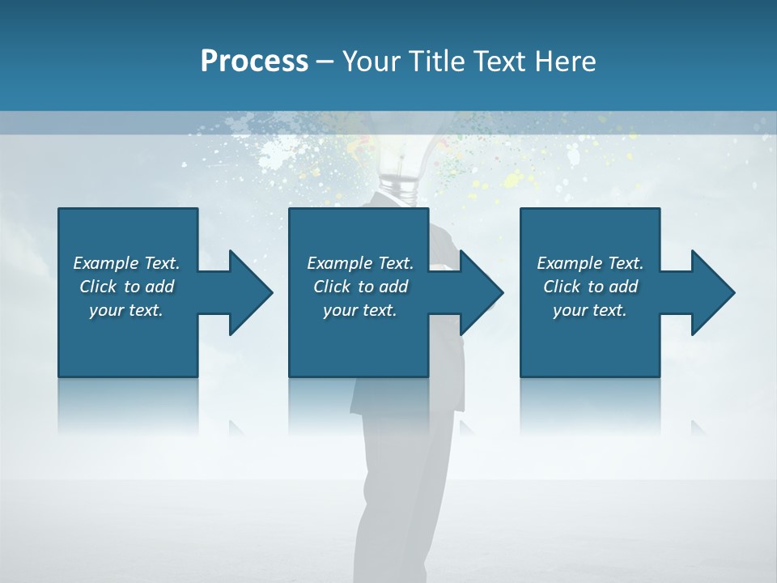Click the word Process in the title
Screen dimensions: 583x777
click(x=254, y=62)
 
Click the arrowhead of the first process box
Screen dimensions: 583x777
click(x=247, y=292)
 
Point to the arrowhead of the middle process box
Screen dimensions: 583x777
click(x=478, y=292)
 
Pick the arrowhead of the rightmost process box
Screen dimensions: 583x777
click(x=710, y=292)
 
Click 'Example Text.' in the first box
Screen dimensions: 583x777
click(x=126, y=263)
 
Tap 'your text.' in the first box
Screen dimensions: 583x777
click(x=126, y=310)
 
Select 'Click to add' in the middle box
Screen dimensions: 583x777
click(x=360, y=287)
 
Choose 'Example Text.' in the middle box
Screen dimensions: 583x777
click(x=360, y=263)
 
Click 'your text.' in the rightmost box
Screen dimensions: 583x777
click(x=590, y=310)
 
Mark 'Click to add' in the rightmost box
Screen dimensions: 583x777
click(x=590, y=287)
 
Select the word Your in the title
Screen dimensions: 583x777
click(x=369, y=62)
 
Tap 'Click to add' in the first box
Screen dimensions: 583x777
click(x=126, y=287)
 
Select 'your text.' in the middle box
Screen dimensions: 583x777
click(x=360, y=310)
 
